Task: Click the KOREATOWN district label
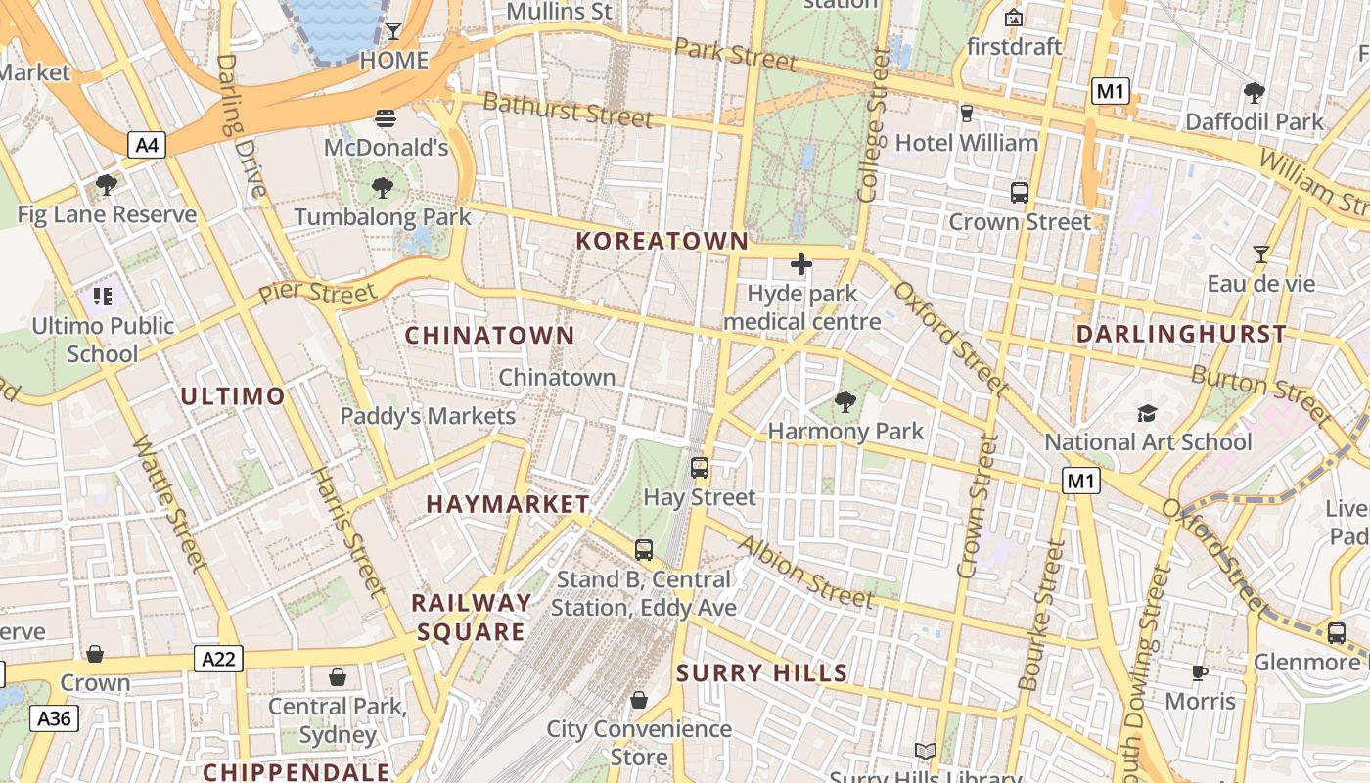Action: (x=662, y=241)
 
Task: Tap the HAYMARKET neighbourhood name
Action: (x=508, y=504)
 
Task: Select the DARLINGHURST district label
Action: (x=1181, y=334)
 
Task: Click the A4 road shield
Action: (x=147, y=146)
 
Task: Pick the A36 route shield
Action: (x=54, y=718)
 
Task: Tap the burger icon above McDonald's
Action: (x=386, y=119)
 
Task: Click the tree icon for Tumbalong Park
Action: (x=383, y=188)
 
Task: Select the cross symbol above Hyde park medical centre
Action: (x=801, y=264)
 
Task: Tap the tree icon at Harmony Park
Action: (x=845, y=401)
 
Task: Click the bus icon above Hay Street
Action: (x=699, y=468)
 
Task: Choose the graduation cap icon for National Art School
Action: (x=1147, y=413)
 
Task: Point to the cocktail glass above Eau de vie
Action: (x=1260, y=254)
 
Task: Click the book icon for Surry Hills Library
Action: (x=925, y=752)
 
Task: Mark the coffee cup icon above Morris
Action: (x=1200, y=672)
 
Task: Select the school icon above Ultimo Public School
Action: (x=103, y=296)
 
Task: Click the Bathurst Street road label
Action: (x=568, y=110)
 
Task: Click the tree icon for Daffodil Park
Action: (x=1254, y=93)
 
